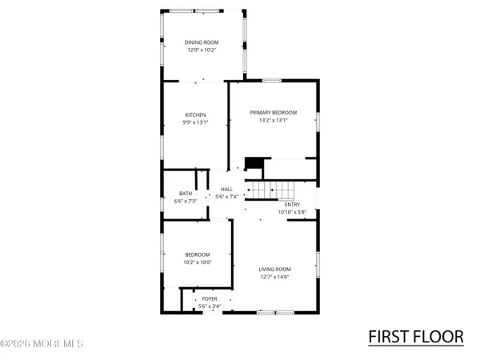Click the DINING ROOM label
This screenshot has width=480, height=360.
(202, 42)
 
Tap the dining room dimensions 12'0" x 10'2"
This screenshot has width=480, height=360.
(202, 50)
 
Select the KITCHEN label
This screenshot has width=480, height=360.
(196, 114)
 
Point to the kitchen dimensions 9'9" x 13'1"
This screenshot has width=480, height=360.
(196, 122)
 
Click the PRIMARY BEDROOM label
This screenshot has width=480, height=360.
(273, 112)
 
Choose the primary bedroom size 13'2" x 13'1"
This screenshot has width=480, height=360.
(273, 120)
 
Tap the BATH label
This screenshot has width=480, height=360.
(186, 193)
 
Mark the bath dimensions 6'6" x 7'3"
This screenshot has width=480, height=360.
(186, 201)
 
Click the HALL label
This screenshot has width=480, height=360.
(227, 189)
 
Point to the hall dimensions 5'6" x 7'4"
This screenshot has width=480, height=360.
(227, 197)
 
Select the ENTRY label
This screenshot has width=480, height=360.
(292, 204)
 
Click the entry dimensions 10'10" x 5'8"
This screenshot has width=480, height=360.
(292, 212)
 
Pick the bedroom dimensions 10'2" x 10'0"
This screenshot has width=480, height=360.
(197, 262)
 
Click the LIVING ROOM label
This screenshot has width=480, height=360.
(274, 269)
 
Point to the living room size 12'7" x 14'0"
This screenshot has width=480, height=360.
(274, 277)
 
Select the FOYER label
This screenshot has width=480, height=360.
(209, 298)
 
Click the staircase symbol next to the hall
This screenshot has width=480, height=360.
(271, 190)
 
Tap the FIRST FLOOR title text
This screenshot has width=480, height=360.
(415, 337)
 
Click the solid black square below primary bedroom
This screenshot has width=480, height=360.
(254, 163)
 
